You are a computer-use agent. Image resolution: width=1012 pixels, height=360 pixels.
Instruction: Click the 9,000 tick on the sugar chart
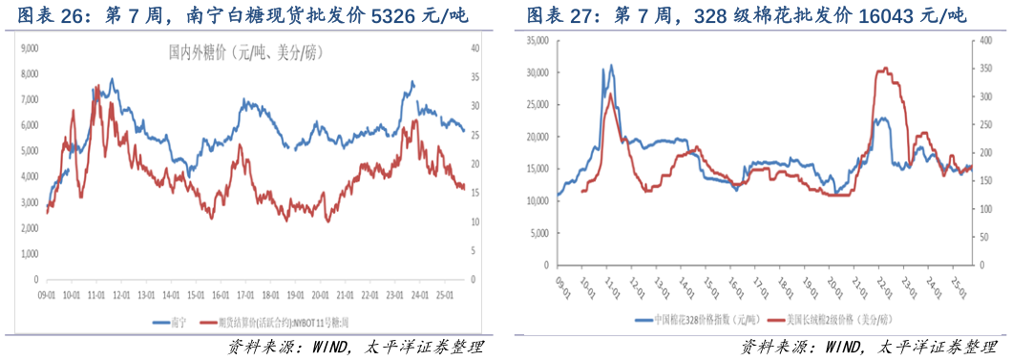point(28,47)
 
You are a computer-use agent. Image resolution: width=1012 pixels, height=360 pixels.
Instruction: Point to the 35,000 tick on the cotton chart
point(538,40)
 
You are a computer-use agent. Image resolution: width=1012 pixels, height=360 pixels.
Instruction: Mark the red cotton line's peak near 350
point(885,69)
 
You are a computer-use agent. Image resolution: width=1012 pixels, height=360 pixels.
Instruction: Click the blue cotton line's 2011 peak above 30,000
point(611,66)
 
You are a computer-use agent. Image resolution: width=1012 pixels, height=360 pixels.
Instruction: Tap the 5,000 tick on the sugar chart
point(28,151)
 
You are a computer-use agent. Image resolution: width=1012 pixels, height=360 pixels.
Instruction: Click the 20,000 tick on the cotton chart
point(538,137)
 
